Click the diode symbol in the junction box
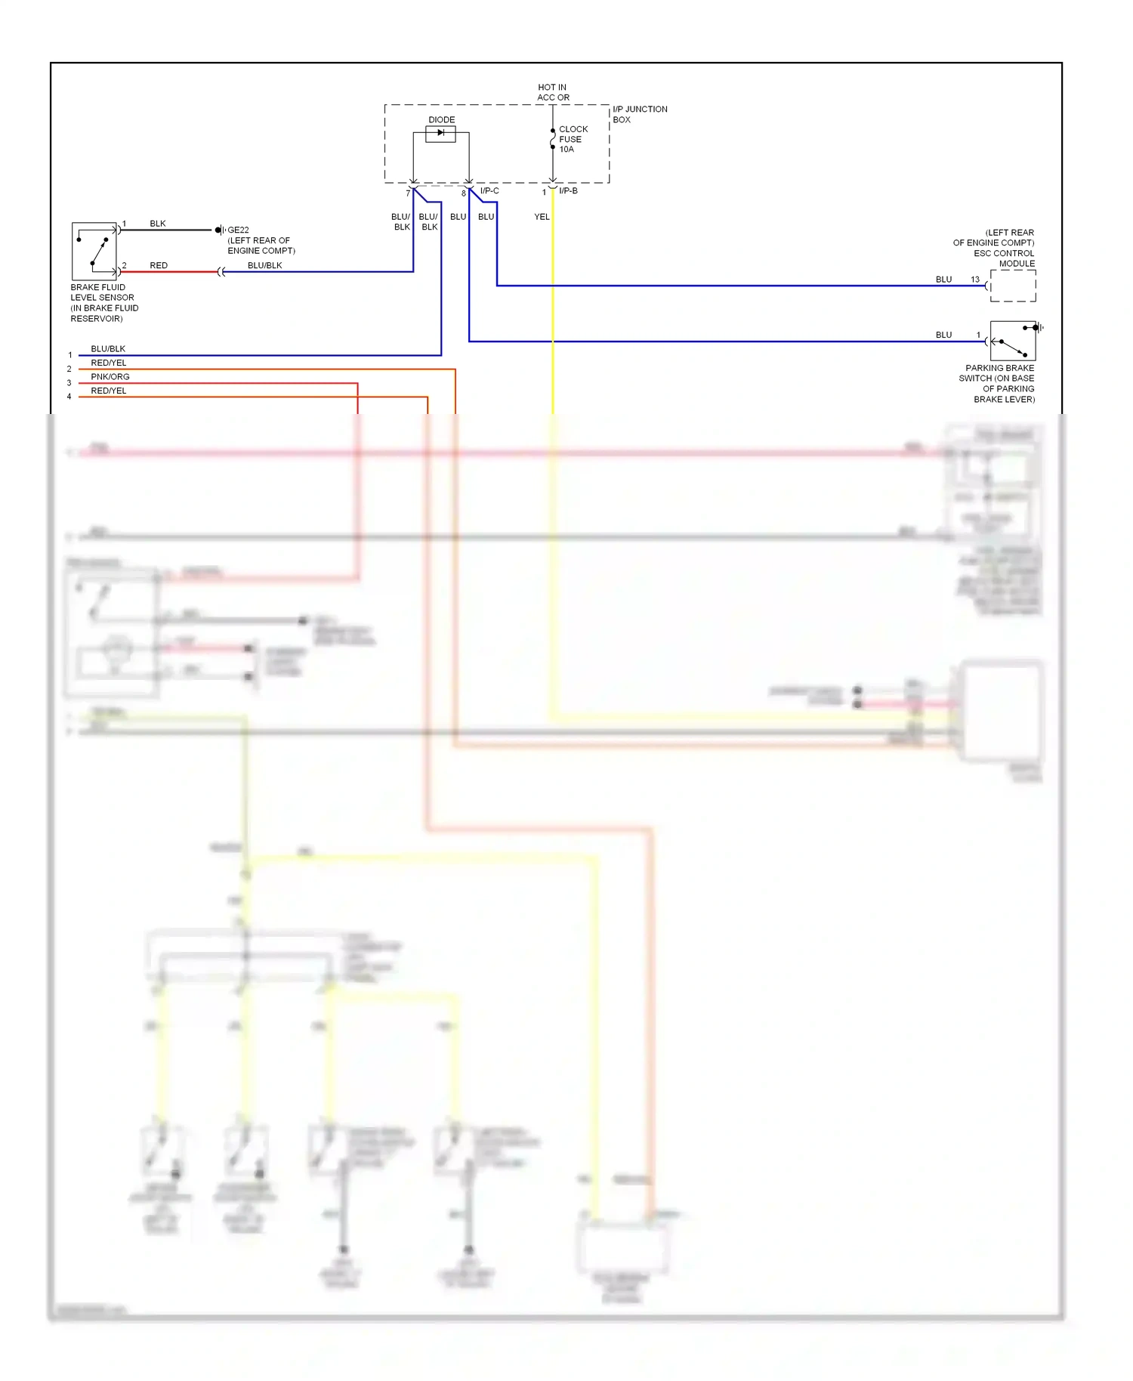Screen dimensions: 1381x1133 (440, 134)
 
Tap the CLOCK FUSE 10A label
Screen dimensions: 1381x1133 (573, 139)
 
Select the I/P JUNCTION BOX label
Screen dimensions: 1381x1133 (639, 114)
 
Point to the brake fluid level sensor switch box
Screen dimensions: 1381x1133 (94, 251)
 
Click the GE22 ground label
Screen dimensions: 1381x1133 (238, 230)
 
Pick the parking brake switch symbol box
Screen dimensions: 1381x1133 (1012, 341)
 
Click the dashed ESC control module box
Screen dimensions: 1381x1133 (1013, 286)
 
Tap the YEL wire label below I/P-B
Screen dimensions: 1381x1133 (542, 217)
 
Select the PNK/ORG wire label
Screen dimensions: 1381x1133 (110, 377)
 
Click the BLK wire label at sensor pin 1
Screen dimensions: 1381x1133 (158, 224)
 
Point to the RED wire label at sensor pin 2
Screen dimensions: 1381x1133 (159, 265)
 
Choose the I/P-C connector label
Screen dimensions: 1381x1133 (489, 191)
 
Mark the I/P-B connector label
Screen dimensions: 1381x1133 (568, 191)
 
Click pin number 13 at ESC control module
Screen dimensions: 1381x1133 (975, 280)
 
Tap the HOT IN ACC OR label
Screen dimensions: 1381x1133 (553, 92)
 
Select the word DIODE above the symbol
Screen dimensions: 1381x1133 (442, 119)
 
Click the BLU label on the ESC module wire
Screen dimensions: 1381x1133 (944, 280)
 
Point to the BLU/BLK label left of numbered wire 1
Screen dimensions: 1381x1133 (108, 349)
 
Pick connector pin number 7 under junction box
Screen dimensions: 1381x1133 (408, 193)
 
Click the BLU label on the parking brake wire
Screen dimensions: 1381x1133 (944, 335)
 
